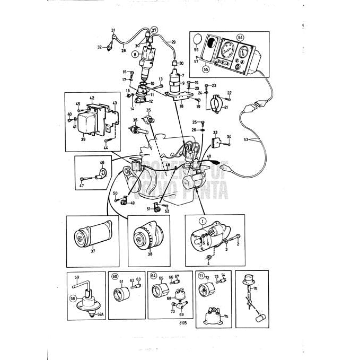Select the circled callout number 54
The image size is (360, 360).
[x=240, y=38]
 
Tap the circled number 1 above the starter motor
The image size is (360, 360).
[x=202, y=220]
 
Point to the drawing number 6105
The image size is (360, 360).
[x=183, y=322]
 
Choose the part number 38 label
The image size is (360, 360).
[x=150, y=254]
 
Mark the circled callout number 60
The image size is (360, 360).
[x=115, y=276]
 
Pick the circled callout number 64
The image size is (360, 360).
[x=153, y=276]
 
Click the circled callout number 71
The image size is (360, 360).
[x=201, y=276]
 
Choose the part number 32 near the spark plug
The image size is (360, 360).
[x=99, y=47]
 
